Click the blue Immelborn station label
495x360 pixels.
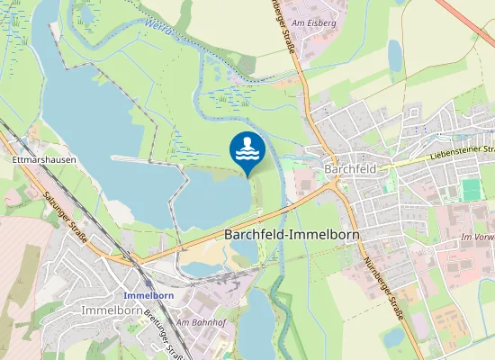pos(148,295)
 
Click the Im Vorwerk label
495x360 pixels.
pos(477,237)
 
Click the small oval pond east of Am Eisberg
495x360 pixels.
pos(395,55)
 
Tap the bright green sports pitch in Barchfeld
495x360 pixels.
pos(471,190)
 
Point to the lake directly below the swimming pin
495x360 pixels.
pos(211,202)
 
